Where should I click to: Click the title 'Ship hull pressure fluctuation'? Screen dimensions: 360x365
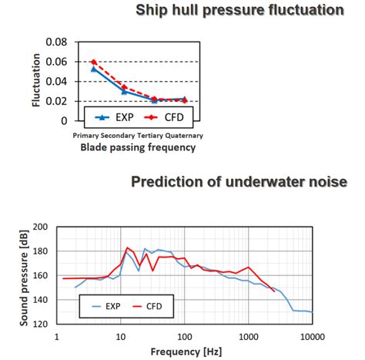[239, 11]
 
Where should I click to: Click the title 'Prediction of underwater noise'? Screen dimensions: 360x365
[239, 182]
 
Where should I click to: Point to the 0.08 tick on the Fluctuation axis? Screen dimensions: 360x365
[62, 42]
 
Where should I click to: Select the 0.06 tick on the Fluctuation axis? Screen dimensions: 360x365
[62, 62]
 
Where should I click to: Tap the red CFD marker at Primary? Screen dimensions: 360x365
[93, 62]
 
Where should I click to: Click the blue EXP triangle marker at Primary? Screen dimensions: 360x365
[93, 69]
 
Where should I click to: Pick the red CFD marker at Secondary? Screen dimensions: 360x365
[123, 87]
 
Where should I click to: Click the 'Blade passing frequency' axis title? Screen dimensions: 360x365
[133, 148]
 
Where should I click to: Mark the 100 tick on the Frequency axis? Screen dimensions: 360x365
[184, 337]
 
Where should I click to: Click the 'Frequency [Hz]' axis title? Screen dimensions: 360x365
[185, 352]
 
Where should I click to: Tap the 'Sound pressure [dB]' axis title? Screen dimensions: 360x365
[25, 275]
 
